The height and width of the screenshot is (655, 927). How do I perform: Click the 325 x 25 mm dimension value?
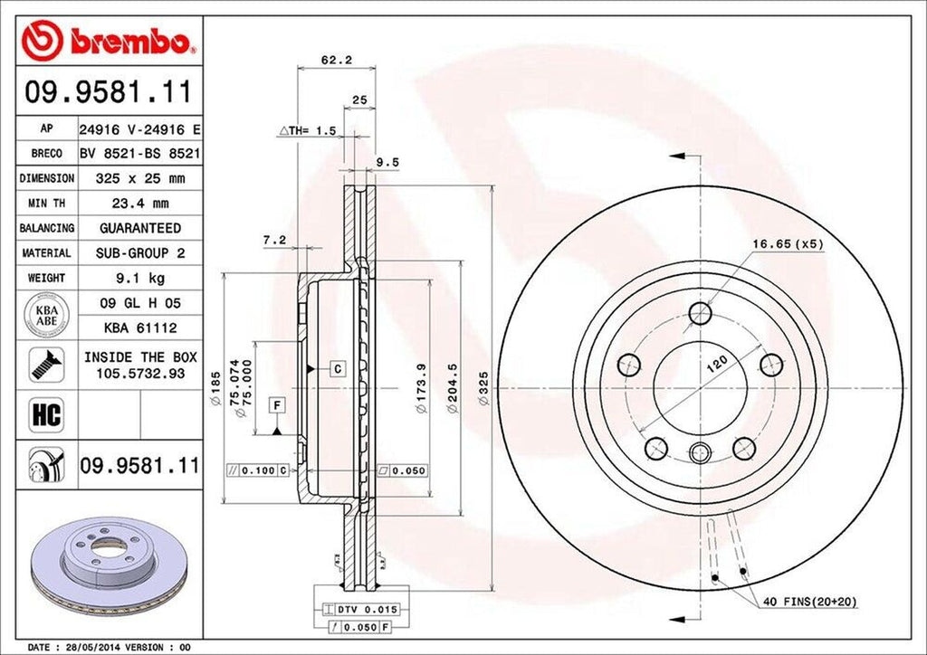[x=139, y=178]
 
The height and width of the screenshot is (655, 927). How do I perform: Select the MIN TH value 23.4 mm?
[x=139, y=204]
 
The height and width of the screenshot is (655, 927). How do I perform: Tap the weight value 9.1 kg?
[x=139, y=278]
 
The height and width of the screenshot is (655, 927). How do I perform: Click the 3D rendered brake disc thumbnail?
[x=100, y=566]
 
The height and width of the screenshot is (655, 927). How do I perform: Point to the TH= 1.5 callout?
[x=307, y=131]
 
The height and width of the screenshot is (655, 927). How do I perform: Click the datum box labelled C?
[x=337, y=368]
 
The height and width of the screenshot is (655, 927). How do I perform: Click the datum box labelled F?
[x=276, y=404]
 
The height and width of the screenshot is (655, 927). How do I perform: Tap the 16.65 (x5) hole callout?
[x=787, y=242]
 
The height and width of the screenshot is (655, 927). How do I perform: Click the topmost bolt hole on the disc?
[x=700, y=314]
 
